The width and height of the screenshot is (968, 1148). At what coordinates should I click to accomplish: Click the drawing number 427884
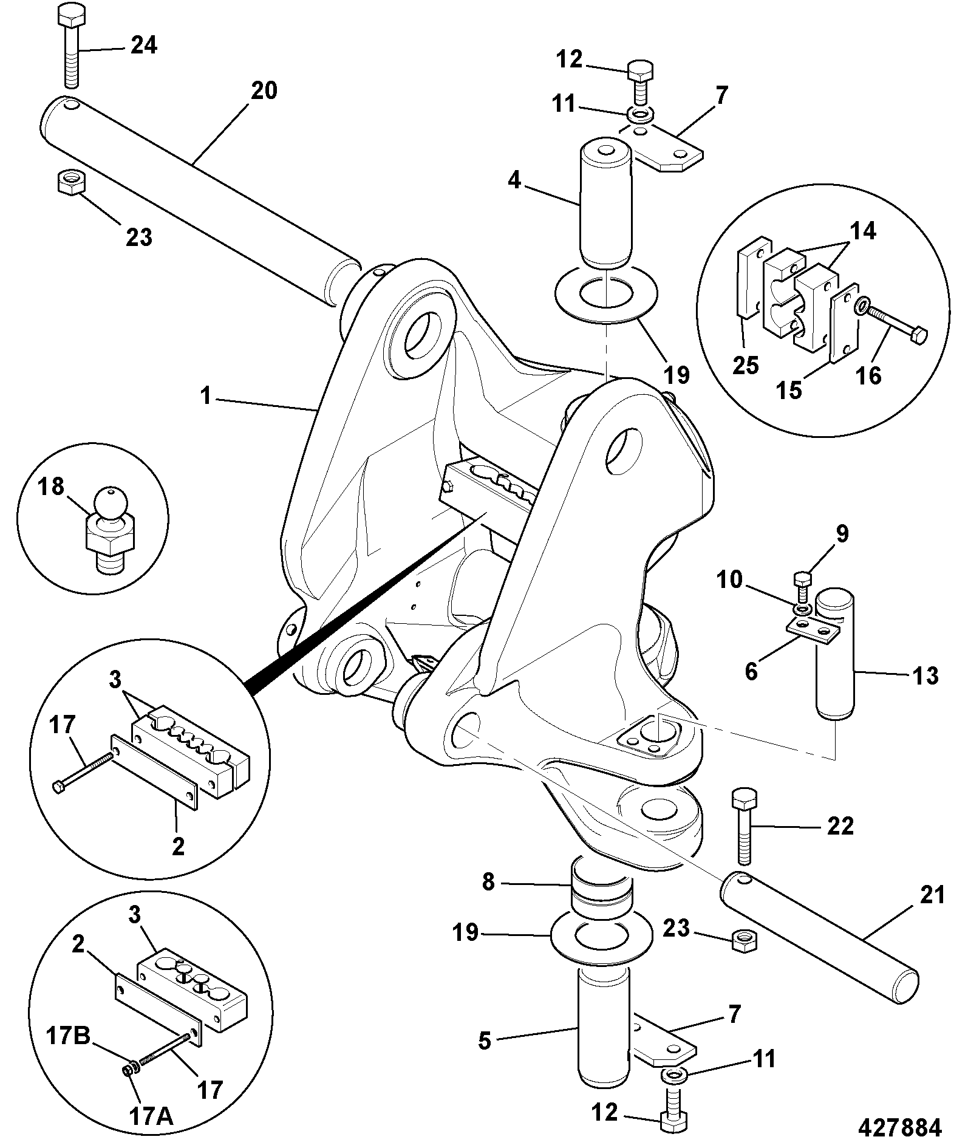[899, 1127]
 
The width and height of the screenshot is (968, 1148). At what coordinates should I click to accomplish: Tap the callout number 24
[144, 45]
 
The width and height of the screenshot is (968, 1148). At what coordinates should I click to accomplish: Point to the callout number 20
[264, 91]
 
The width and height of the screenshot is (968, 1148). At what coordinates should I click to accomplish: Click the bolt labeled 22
[745, 826]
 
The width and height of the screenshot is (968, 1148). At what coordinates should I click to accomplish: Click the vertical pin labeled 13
[834, 654]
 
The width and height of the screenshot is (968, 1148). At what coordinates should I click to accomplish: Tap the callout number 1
[206, 397]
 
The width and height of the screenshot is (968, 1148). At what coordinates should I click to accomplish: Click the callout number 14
[863, 231]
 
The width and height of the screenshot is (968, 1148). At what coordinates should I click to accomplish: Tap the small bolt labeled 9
[803, 587]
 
